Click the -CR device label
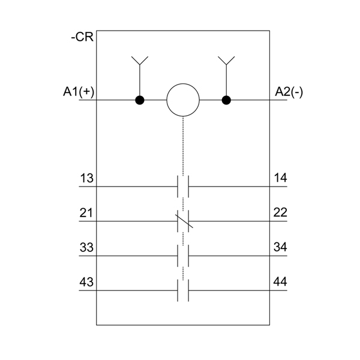coord(82,37)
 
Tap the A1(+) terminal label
coord(79,92)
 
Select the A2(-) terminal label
coord(289,92)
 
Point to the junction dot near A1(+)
coord(140,100)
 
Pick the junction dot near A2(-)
coord(226,100)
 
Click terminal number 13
coord(86,178)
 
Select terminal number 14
coord(280,178)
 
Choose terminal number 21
coord(86,212)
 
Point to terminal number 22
coord(280,212)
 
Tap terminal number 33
coord(86,247)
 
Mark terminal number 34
coord(280,247)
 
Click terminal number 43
coord(86,282)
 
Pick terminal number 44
coord(280,282)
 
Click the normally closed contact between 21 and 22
coord(183,221)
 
